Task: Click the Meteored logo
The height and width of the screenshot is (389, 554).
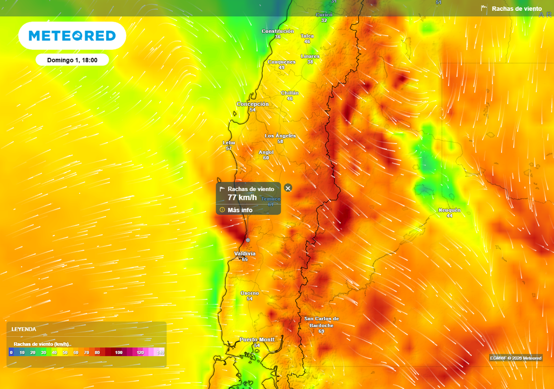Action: (72, 36)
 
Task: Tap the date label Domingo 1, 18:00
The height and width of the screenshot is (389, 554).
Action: (72, 60)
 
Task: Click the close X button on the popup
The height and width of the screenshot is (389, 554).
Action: (288, 188)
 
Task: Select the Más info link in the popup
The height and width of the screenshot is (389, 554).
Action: (240, 210)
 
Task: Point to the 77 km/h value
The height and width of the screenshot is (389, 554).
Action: (242, 198)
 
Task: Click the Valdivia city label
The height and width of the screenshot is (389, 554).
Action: (245, 253)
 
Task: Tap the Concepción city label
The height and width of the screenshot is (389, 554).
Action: (253, 104)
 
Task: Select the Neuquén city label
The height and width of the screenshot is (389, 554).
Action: (449, 210)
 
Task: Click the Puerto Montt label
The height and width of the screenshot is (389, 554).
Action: (257, 339)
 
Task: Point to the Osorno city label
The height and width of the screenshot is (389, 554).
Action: (249, 293)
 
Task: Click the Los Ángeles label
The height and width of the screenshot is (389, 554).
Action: (280, 136)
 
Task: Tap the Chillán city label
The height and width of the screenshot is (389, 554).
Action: (290, 93)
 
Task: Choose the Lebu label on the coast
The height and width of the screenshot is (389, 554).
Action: (229, 143)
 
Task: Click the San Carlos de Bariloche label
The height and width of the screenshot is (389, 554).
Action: (321, 322)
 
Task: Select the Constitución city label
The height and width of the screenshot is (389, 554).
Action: (278, 31)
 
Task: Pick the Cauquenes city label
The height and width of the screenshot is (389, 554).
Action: (282, 62)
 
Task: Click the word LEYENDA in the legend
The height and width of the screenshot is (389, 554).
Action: (24, 328)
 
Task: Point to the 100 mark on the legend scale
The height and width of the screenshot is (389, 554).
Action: (118, 352)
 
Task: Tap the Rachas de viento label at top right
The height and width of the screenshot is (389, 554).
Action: (516, 9)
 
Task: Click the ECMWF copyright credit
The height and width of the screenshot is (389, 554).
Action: (516, 358)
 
